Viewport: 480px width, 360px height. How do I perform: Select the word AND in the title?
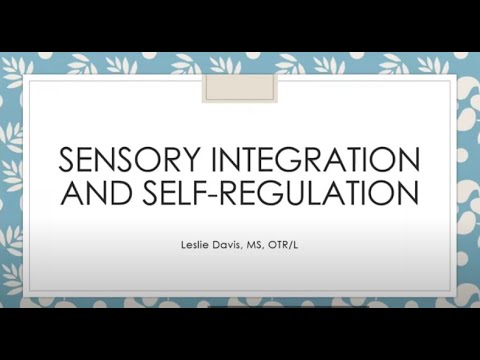(x=93, y=191)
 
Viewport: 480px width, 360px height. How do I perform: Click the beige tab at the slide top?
(x=239, y=86)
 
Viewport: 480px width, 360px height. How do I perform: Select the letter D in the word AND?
(x=113, y=191)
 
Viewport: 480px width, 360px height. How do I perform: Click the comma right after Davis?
(x=243, y=245)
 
